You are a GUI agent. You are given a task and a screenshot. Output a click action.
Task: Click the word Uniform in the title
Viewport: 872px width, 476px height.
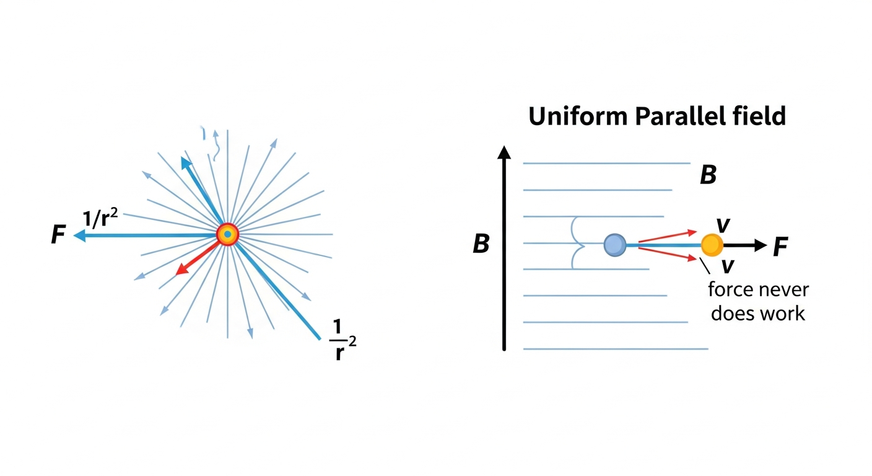pyautogui.click(x=578, y=116)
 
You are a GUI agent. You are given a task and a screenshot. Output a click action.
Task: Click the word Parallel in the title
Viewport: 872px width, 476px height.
pyautogui.click(x=680, y=116)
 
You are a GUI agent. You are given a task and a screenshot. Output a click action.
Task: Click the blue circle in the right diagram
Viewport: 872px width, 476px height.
pyautogui.click(x=615, y=245)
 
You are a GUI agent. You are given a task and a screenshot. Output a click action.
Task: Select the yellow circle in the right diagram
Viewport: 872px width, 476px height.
pyautogui.click(x=712, y=245)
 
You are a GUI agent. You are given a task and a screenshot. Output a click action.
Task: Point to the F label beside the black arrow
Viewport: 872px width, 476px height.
pyautogui.click(x=780, y=247)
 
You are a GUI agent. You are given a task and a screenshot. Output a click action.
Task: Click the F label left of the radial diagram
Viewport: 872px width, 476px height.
pyautogui.click(x=58, y=234)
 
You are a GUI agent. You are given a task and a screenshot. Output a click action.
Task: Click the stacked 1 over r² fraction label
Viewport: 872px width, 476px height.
pyautogui.click(x=342, y=340)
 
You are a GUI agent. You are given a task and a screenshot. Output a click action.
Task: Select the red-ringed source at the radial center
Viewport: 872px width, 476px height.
pyautogui.click(x=227, y=234)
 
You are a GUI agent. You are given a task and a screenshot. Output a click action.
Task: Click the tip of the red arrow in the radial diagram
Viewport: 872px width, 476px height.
pyautogui.click(x=177, y=275)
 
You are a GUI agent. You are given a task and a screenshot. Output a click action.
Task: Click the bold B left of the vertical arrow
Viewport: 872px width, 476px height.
pyautogui.click(x=481, y=244)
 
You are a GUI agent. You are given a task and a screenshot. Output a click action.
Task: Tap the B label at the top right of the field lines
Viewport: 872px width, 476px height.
pyautogui.click(x=708, y=175)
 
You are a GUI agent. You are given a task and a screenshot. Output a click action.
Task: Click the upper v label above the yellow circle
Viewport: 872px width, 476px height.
pyautogui.click(x=723, y=225)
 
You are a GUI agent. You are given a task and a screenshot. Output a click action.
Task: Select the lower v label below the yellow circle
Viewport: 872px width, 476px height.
pyautogui.click(x=727, y=266)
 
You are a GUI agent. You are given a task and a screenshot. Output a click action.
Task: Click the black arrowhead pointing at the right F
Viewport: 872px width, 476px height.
pyautogui.click(x=761, y=245)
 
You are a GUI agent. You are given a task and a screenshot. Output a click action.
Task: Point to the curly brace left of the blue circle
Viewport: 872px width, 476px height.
pyautogui.click(x=576, y=244)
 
